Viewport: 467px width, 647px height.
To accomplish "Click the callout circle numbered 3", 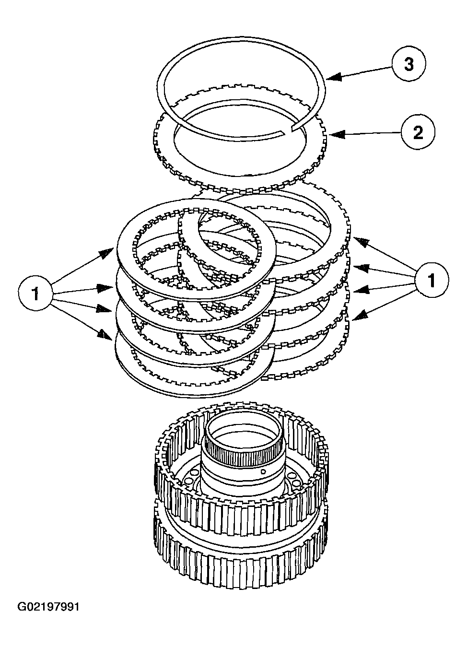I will [x=409, y=65].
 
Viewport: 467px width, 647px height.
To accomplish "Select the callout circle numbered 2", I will [x=418, y=132].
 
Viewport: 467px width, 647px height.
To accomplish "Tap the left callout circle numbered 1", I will [x=35, y=293].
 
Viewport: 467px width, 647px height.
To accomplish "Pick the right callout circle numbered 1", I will [x=432, y=280].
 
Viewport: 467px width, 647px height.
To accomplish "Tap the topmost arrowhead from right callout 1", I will [x=359, y=241].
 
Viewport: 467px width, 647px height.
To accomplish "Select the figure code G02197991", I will [x=48, y=607].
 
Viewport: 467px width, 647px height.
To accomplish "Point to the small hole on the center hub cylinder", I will [x=263, y=471].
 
